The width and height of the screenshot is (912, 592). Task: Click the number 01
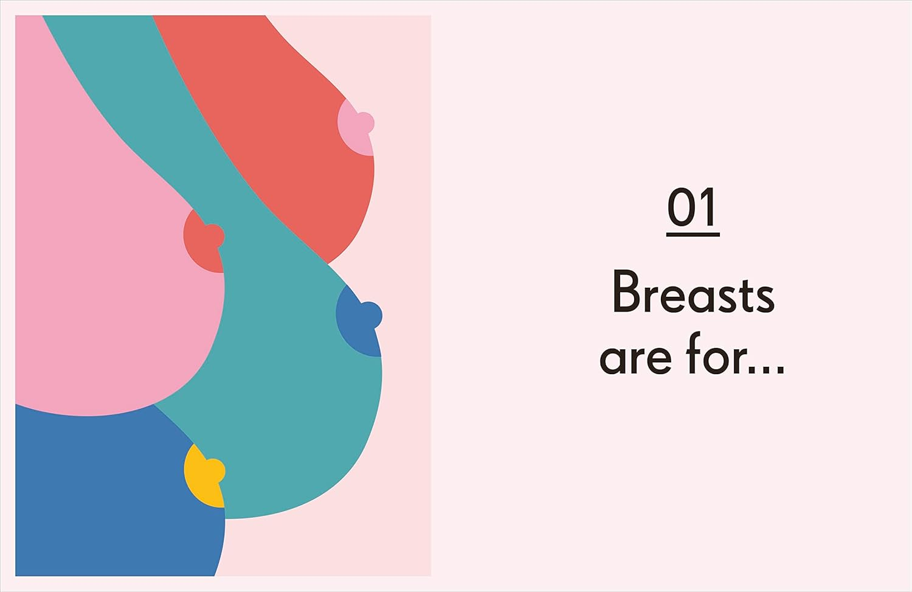pos(693,207)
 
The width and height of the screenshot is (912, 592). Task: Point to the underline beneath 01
pos(693,234)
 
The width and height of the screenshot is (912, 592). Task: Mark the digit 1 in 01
pos(708,207)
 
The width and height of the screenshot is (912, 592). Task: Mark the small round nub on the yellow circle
pos(216,470)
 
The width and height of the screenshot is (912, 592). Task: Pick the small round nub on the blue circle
pos(371,315)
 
